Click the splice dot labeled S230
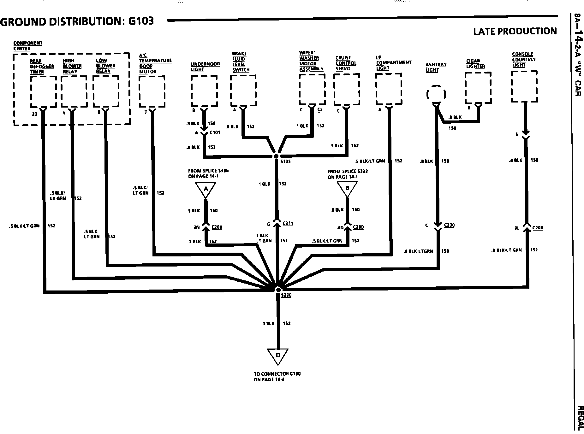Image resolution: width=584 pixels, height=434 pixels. (278, 290)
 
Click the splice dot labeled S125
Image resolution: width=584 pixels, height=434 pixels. (277, 156)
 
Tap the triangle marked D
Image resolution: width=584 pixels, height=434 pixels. (278, 356)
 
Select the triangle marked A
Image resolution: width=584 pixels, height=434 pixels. (206, 189)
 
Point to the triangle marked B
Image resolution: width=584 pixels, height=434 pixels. (347, 189)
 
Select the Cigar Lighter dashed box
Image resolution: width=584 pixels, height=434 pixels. (478, 87)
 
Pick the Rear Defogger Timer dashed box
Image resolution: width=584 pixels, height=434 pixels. (43, 92)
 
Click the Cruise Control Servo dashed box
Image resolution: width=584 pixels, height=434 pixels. (347, 90)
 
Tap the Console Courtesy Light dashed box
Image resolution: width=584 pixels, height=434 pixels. (524, 86)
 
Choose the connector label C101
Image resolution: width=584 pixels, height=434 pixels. (215, 133)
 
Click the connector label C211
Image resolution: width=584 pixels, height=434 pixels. (288, 224)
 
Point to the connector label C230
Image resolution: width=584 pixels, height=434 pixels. (449, 225)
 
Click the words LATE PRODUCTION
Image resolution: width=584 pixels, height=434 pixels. (515, 31)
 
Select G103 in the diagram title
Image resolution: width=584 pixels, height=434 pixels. (141, 21)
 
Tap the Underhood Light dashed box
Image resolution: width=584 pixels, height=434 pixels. (204, 91)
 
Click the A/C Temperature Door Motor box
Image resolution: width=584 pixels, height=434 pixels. (152, 91)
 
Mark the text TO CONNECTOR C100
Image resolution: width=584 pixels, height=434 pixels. (277, 374)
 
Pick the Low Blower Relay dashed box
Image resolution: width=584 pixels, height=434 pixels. (106, 91)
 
